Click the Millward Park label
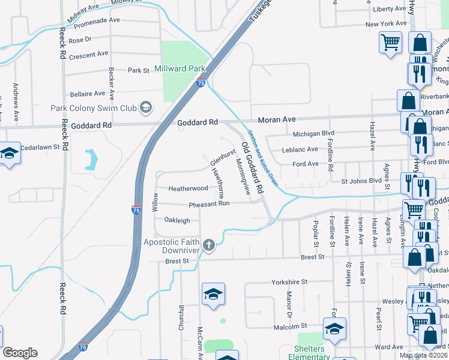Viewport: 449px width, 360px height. coord(180,69)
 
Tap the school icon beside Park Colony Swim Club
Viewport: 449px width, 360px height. coord(145,108)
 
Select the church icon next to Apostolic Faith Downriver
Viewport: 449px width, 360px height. coord(208,245)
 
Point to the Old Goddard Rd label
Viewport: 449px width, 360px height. coord(252,167)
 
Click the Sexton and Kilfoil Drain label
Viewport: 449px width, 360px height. coord(264,158)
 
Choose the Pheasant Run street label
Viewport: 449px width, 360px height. coord(209,203)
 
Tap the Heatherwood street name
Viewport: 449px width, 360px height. coord(188,188)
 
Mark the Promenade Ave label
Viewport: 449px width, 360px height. coord(95,20)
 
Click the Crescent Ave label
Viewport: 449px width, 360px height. coord(88,54)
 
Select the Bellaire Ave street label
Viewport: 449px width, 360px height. coord(88,94)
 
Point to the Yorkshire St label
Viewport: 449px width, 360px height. coord(289,281)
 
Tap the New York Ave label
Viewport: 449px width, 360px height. coord(386,24)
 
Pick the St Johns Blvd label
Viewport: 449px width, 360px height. coord(361,180)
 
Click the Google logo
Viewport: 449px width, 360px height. coord(20,353)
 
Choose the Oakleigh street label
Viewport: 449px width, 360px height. coord(177,220)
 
